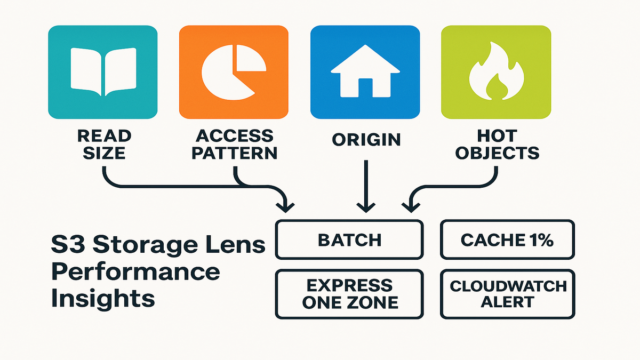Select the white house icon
click(365, 74)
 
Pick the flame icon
click(495, 73)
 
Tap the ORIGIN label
click(366, 140)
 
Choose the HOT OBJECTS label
click(497, 145)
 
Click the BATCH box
click(349, 239)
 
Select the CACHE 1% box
click(507, 239)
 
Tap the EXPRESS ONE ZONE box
click(349, 294)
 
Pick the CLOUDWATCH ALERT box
click(507, 294)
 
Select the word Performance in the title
click(135, 272)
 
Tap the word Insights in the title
click(103, 298)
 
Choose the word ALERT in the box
click(507, 302)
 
